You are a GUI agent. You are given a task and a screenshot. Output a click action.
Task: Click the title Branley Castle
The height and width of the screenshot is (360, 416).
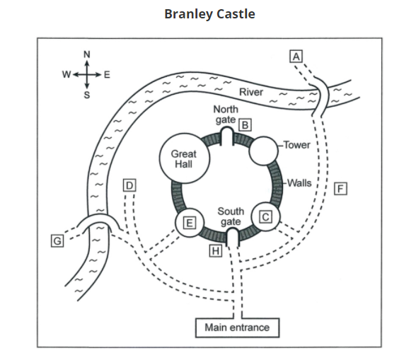209,14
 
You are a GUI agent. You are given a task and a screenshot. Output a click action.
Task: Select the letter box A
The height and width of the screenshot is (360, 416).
296,57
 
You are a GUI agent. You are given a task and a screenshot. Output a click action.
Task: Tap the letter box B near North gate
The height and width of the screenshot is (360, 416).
245,124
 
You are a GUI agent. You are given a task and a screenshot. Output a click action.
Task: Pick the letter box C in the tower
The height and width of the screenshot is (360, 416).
265,217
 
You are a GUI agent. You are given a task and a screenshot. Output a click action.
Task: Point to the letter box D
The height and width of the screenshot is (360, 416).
129,185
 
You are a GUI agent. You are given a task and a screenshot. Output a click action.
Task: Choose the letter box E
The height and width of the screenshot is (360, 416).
190,223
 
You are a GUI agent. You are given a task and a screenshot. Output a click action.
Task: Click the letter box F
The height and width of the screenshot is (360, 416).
340,189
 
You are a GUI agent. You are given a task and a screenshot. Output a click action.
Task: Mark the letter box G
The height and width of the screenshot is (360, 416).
57,241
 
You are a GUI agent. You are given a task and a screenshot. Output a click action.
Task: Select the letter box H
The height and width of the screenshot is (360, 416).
216,250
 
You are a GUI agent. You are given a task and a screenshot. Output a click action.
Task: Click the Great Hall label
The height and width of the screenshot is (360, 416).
184,158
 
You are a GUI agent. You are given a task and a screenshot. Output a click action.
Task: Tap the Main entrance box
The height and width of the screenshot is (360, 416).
237,327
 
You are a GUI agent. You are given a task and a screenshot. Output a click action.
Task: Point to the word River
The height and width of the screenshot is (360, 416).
251,92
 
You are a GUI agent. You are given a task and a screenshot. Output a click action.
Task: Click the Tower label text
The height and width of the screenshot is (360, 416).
296,145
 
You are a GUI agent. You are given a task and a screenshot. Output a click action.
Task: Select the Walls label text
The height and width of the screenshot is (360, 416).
299,182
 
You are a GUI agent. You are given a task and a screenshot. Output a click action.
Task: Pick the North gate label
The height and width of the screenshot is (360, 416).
226,115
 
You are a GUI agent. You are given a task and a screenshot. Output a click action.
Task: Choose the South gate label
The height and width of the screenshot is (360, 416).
231,216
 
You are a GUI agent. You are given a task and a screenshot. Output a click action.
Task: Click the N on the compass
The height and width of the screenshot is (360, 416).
87,54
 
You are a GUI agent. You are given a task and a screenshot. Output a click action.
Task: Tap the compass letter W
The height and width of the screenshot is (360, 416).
67,74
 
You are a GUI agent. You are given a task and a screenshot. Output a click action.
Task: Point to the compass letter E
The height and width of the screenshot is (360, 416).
107,75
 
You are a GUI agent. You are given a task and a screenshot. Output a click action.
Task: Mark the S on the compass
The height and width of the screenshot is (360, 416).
87,95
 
